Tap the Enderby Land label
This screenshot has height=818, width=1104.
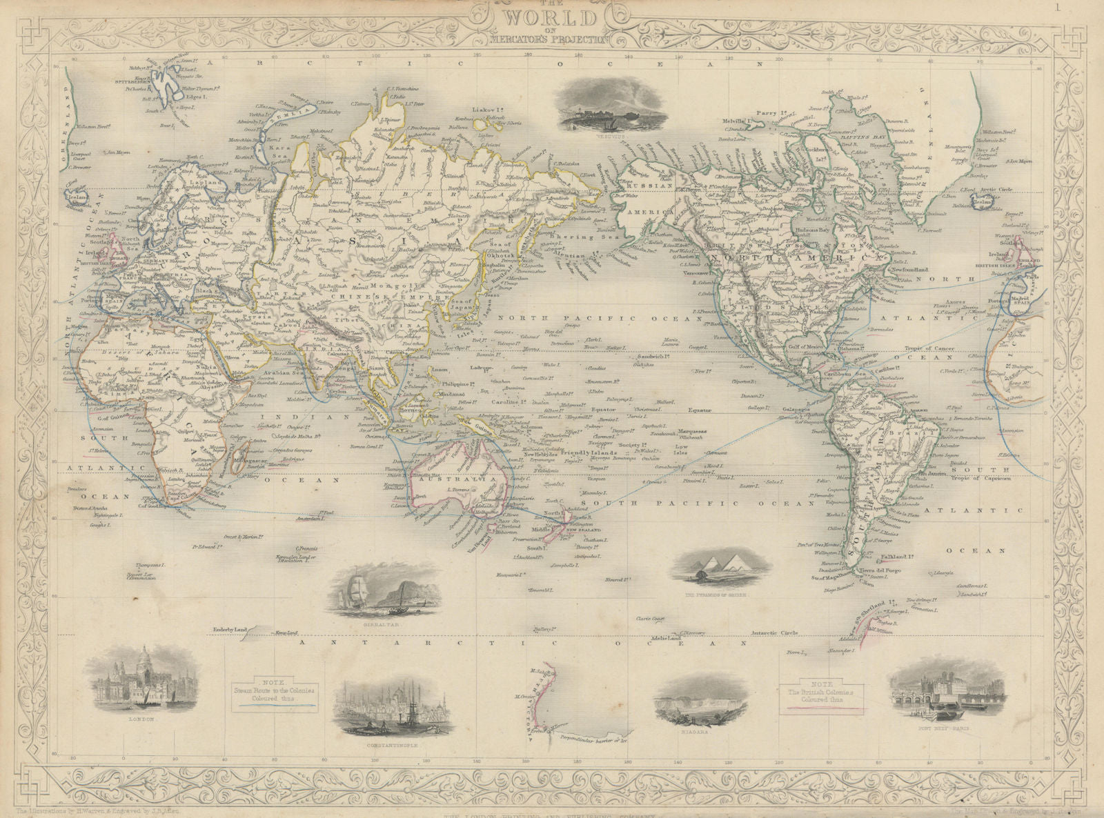pyautogui.click(x=234, y=630)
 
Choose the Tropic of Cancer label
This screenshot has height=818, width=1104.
pyautogui.click(x=928, y=349)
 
